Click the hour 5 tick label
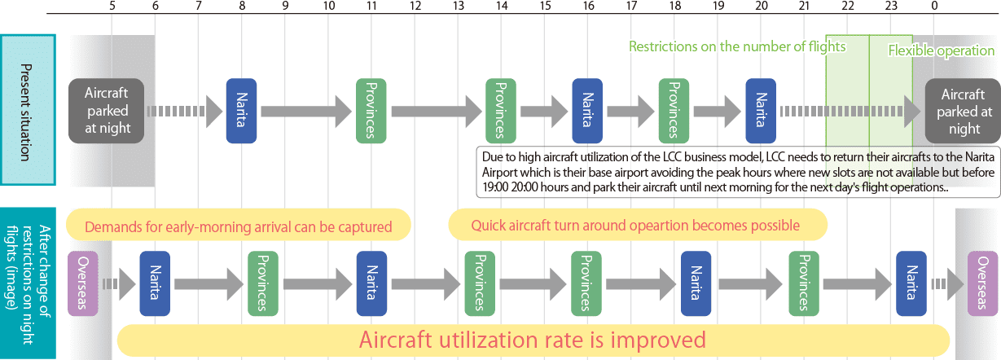click(x=112, y=6)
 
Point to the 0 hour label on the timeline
click(x=934, y=6)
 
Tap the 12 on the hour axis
click(x=415, y=6)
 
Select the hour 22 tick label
click(x=848, y=6)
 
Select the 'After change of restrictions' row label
click(x=28, y=284)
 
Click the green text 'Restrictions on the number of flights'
click(x=737, y=47)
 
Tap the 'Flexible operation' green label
click(x=941, y=50)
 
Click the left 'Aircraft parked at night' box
click(x=107, y=111)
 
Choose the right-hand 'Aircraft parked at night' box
click(x=963, y=111)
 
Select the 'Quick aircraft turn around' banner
click(x=638, y=225)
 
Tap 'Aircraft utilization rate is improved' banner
click(x=533, y=340)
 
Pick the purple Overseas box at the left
click(x=83, y=283)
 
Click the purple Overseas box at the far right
click(x=983, y=283)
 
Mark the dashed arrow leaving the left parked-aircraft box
click(x=185, y=112)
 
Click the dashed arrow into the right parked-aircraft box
click(x=850, y=112)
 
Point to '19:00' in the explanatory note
click(x=495, y=187)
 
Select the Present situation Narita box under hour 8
click(x=241, y=111)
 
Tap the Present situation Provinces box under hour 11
click(x=371, y=111)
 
